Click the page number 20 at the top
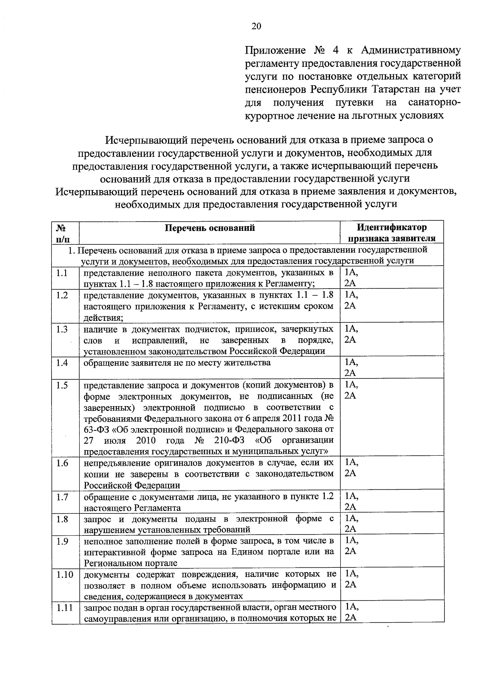pos(256,26)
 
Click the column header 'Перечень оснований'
pos(210,228)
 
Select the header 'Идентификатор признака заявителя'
pos(392,233)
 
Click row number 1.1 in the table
pos(62,273)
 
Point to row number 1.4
pos(62,363)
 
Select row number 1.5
pos(62,385)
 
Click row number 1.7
pos(62,497)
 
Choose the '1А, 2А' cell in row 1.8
pos(351,524)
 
